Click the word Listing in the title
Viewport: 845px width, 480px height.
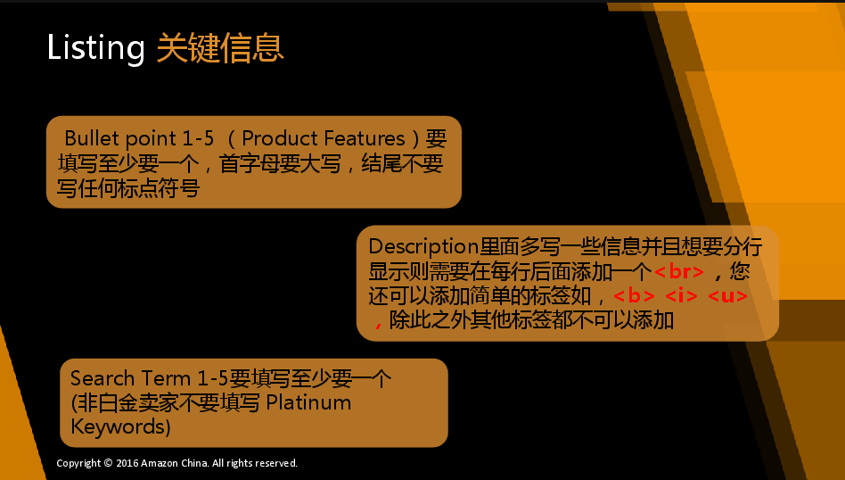(x=96, y=48)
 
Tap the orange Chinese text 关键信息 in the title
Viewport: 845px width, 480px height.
(x=220, y=47)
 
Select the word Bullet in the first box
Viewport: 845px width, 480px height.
(x=92, y=138)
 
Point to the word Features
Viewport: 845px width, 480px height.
(x=360, y=138)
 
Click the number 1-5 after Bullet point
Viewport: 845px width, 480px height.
(x=198, y=138)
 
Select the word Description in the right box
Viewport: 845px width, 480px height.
(x=423, y=247)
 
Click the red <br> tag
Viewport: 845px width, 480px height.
(x=679, y=271)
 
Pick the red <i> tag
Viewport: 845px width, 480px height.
(x=681, y=296)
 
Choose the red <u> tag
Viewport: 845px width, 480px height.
(x=727, y=296)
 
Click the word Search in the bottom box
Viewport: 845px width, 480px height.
(x=103, y=378)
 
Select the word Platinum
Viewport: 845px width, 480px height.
(x=308, y=402)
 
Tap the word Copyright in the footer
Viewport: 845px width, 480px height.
(x=78, y=463)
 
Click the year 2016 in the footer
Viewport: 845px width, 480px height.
(x=127, y=463)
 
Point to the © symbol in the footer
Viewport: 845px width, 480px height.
(x=109, y=463)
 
